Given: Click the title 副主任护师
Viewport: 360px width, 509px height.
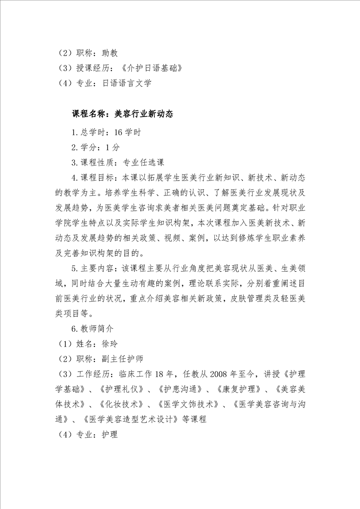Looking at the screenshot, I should (123, 359).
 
